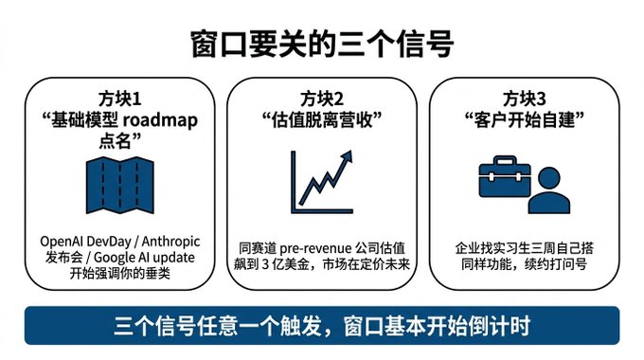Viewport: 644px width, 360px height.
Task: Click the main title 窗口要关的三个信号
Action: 322,44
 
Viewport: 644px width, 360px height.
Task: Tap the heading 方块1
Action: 119,99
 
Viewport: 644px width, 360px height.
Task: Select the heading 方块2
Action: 322,99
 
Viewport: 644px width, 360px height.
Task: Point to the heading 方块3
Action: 525,99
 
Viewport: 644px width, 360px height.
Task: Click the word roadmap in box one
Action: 160,120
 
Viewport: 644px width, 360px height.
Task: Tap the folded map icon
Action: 120,185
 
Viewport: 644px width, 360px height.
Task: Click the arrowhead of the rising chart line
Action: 347,156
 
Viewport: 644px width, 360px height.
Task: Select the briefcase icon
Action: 505,176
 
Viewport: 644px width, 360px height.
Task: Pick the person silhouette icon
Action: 549,190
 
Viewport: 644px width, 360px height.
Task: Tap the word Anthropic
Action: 170,242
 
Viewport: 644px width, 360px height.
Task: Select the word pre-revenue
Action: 315,248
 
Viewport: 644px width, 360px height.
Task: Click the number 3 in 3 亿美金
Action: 265,264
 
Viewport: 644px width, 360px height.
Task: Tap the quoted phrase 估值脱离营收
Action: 322,120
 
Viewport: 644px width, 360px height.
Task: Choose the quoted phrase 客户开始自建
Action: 525,120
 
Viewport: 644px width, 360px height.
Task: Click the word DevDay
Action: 109,242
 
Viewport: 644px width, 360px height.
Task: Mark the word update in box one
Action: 172,258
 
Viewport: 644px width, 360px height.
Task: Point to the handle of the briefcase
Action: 505,159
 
